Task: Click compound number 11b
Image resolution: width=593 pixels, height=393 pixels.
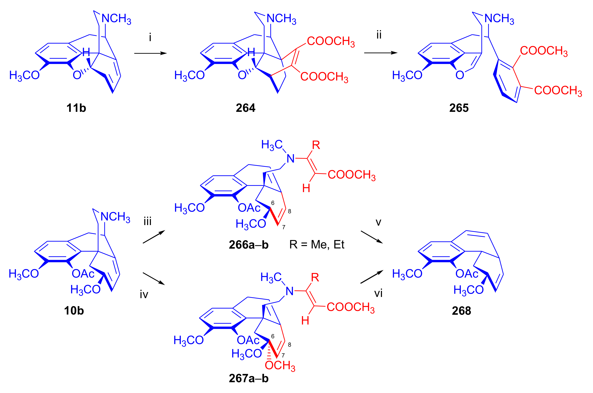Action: (76, 108)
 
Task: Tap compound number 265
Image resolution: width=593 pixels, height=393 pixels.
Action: (459, 108)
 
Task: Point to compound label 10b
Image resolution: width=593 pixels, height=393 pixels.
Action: (74, 311)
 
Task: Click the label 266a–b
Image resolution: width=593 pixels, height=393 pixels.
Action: (249, 245)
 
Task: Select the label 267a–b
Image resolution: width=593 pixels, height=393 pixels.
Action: (249, 378)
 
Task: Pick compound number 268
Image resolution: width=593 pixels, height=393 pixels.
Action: (461, 311)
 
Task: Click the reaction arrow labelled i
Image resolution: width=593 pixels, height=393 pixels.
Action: (150, 53)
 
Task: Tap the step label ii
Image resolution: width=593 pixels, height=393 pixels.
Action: (379, 35)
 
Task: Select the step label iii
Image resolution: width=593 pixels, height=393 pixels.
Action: (148, 222)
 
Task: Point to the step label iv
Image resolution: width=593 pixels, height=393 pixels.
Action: (144, 295)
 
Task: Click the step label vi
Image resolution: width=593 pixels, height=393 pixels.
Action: (378, 293)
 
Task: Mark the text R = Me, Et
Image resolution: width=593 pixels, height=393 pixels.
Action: (317, 244)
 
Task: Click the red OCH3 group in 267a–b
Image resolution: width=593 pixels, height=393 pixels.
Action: (280, 366)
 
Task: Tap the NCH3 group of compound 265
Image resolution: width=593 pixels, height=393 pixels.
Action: (499, 19)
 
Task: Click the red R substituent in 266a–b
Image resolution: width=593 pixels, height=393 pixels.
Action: (316, 145)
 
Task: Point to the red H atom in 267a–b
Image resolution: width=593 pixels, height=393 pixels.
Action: (305, 321)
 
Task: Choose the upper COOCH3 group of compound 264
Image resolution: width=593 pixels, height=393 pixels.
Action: (331, 41)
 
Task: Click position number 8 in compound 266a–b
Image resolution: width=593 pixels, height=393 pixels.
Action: (289, 211)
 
